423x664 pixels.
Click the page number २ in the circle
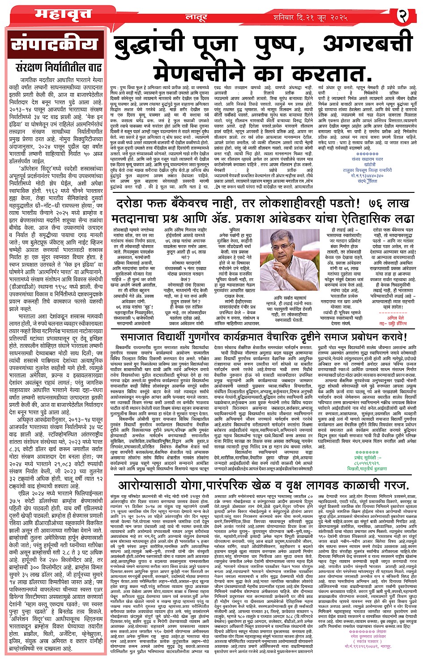coord(403,17)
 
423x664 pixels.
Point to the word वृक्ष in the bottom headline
coord(296,485)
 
